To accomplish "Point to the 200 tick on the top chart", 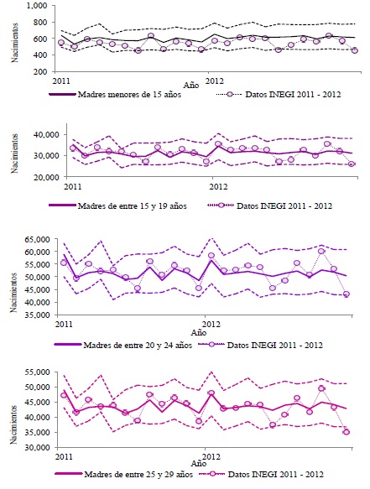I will coord(38,73).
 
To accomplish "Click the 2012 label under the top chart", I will coord(215,81).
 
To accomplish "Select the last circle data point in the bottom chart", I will coord(347,431).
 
